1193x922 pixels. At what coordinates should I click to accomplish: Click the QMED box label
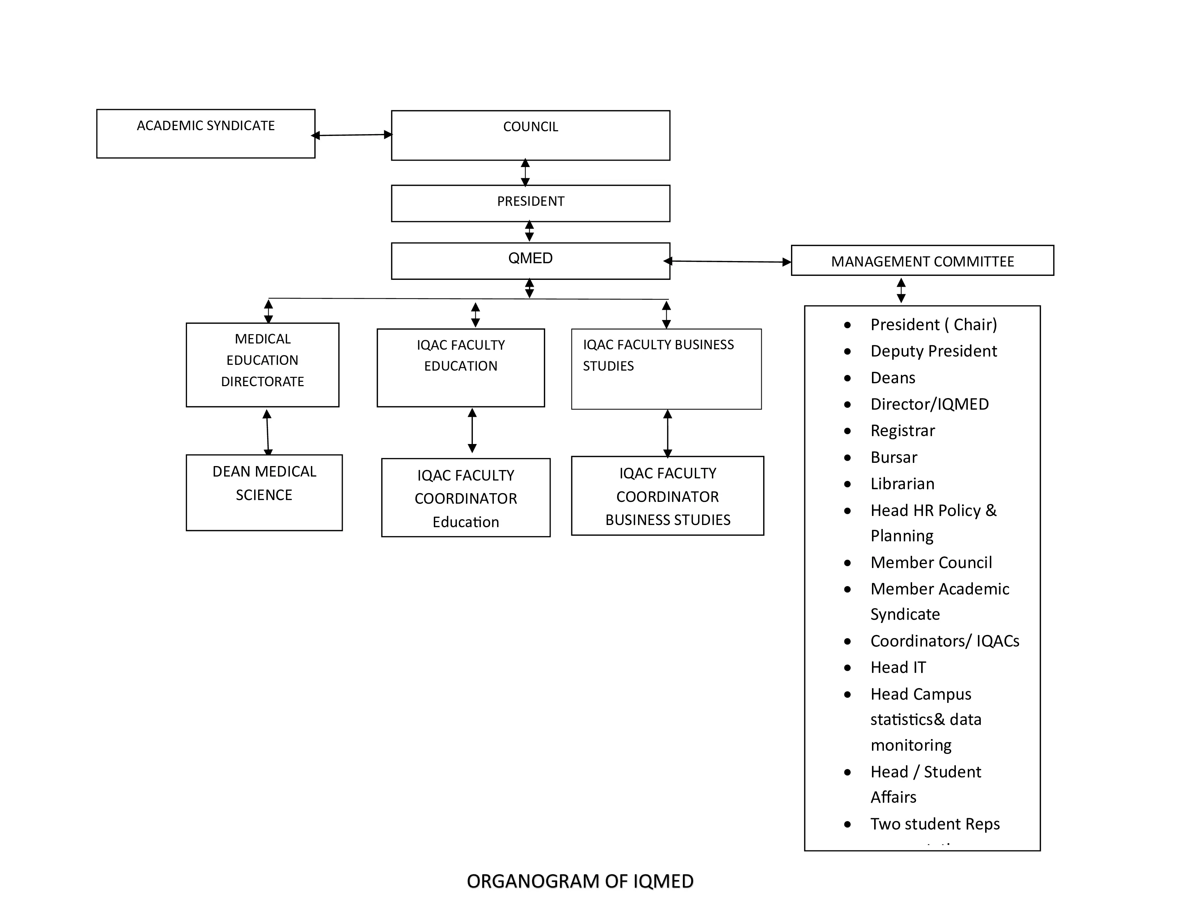tap(530, 259)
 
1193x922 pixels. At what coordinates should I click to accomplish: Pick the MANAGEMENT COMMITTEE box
tap(922, 261)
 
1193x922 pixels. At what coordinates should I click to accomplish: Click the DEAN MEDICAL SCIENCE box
tap(264, 492)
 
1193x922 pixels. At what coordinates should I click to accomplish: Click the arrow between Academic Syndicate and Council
tap(352, 135)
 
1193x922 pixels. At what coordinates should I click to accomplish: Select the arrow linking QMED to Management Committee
tap(728, 262)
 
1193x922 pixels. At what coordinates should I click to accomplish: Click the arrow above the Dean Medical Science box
tap(267, 432)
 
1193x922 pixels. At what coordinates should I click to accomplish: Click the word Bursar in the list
tap(894, 457)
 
